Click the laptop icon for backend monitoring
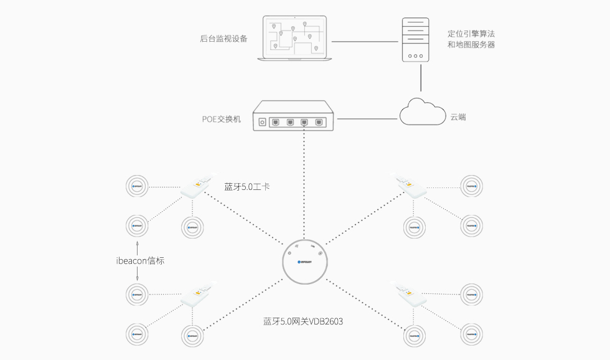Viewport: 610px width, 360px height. pos(294,39)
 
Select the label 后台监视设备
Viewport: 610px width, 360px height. pos(223,39)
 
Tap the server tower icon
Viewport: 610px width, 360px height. pos(415,40)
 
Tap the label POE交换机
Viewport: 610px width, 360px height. pos(221,119)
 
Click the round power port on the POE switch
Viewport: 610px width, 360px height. pos(262,122)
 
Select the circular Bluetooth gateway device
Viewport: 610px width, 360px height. pos(304,262)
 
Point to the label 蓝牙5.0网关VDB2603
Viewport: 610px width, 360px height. pos(303,321)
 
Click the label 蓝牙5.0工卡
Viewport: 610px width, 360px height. pos(247,186)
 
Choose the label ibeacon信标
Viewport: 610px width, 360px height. pos(140,261)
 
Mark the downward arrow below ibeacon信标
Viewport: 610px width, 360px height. pos(138,276)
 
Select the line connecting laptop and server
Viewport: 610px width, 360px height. pos(364,41)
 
